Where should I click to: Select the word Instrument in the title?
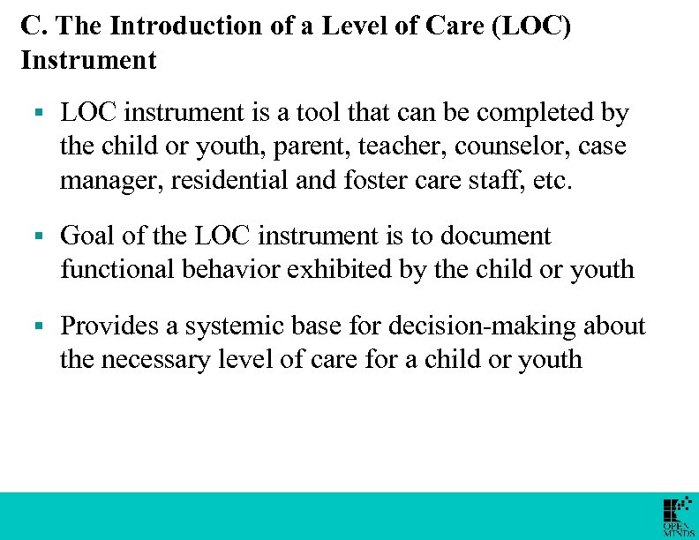pyautogui.click(x=88, y=60)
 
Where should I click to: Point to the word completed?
pyautogui.click(x=515, y=113)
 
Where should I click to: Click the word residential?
pyautogui.click(x=226, y=181)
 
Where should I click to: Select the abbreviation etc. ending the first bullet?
pyautogui.click(x=554, y=181)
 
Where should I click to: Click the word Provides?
pyautogui.click(x=109, y=326)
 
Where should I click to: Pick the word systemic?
pyautogui.click(x=235, y=326)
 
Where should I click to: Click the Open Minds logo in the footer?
pyautogui.click(x=677, y=517)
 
